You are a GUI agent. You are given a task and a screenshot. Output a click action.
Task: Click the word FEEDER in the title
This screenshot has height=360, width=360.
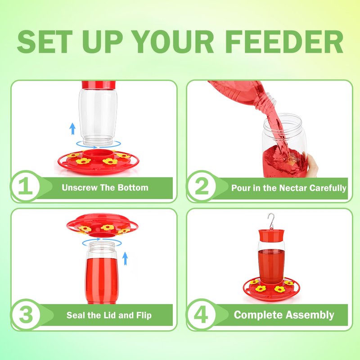[x=284, y=42]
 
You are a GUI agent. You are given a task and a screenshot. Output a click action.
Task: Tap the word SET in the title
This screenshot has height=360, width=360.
[x=45, y=42]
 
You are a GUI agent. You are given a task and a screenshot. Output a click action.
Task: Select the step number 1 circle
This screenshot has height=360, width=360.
[x=26, y=186]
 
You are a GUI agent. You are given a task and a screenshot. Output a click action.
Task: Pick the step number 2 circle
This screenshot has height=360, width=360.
[x=201, y=186]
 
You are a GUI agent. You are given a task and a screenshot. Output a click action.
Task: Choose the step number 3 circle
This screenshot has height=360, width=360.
[x=26, y=314]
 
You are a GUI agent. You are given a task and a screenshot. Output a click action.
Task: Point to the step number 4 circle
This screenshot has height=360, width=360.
[x=201, y=314]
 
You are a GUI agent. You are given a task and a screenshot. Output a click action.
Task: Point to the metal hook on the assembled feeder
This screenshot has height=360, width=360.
[x=271, y=221]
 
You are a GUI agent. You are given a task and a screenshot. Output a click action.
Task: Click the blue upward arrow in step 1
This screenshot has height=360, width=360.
[x=72, y=129]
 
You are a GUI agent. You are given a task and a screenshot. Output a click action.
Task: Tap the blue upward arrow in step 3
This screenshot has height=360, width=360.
[x=125, y=258]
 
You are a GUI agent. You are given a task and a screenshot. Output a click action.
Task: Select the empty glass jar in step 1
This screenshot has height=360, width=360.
[x=98, y=117]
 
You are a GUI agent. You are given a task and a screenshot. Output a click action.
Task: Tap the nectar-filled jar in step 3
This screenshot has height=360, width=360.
[x=102, y=273]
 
